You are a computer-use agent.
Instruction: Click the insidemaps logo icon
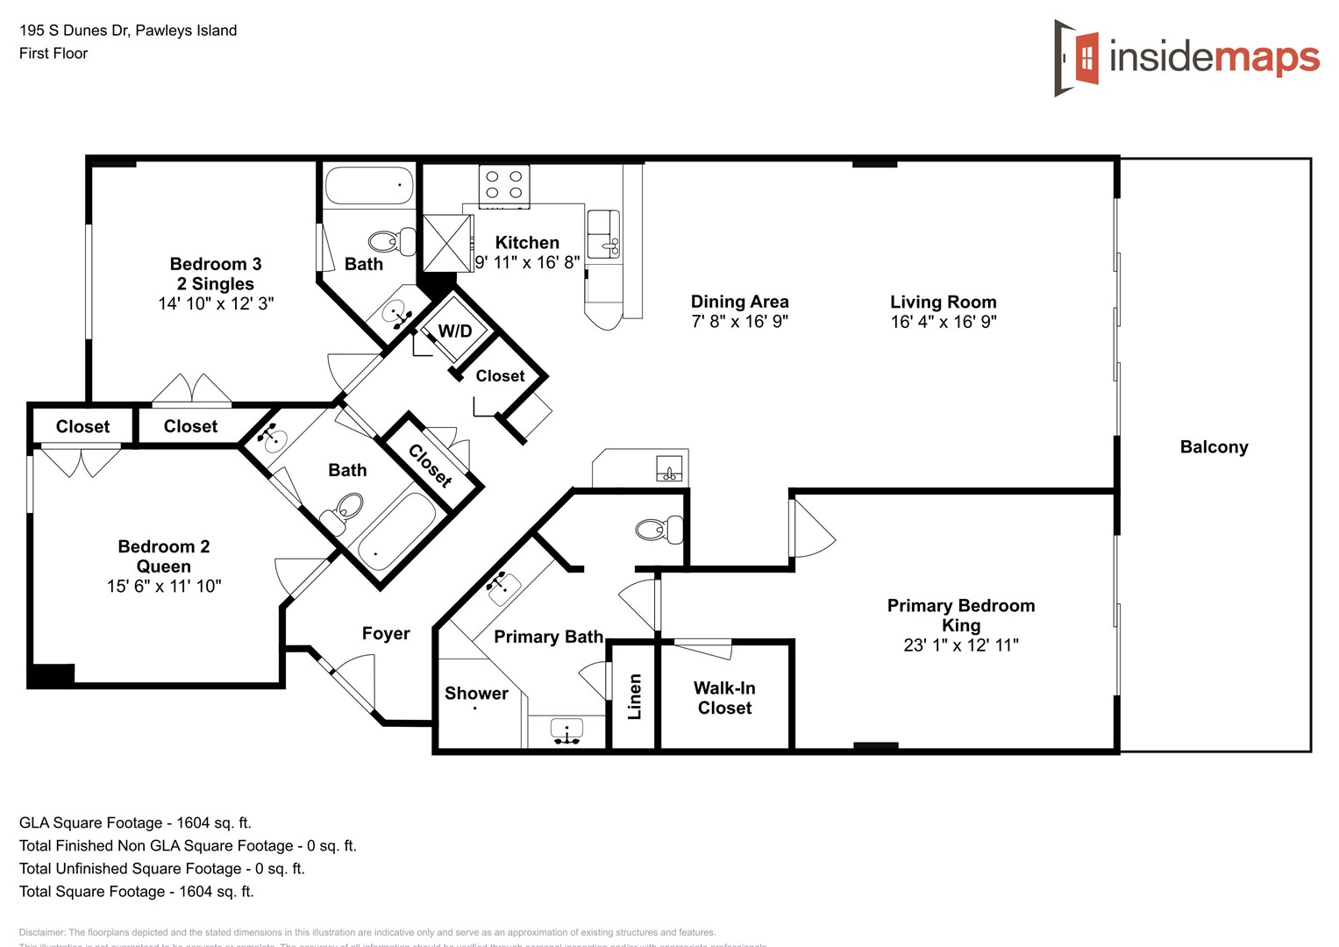click(1077, 58)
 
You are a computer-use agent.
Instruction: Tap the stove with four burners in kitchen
click(504, 186)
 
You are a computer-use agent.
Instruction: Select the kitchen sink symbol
click(602, 234)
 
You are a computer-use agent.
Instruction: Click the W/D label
click(455, 331)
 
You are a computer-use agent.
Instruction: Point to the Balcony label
click(1214, 447)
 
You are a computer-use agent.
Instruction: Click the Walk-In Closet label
click(724, 698)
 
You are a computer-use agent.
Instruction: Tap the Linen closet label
click(635, 696)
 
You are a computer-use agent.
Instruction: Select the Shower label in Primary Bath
click(476, 693)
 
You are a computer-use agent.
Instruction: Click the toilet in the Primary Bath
click(659, 529)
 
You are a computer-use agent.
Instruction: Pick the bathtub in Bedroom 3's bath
click(369, 186)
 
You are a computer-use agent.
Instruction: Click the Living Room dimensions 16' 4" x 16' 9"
click(944, 322)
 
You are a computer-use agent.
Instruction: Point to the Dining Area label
click(739, 302)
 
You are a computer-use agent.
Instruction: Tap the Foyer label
click(386, 633)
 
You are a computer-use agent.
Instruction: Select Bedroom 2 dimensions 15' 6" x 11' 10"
click(164, 586)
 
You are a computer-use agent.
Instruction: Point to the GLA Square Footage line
click(135, 822)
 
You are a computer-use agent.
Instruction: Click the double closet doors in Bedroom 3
click(192, 390)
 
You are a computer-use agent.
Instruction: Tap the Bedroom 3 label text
click(216, 264)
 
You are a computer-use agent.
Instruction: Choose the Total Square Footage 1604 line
click(137, 891)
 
